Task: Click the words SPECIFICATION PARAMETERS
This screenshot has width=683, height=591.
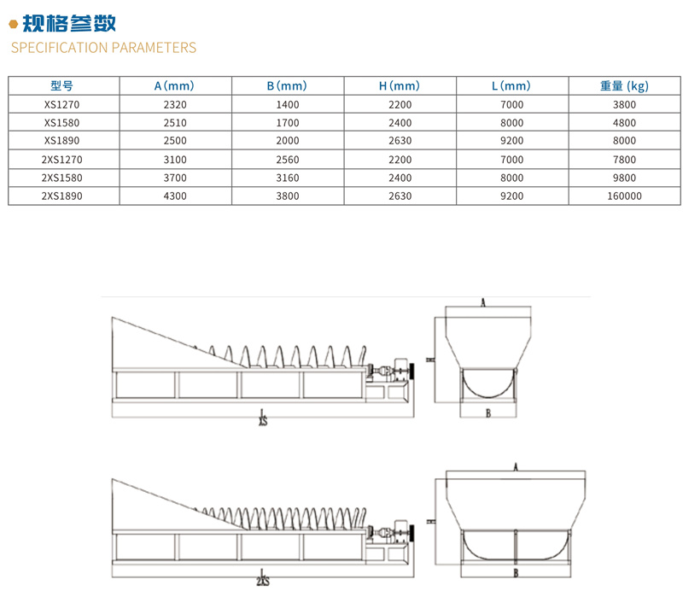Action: [103, 47]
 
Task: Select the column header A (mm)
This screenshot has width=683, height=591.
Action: [175, 85]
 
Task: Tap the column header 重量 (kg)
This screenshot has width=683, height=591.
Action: [624, 85]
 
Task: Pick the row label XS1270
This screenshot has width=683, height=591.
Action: [62, 104]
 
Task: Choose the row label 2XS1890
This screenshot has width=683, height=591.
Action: [62, 196]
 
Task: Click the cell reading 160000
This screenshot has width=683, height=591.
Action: [624, 196]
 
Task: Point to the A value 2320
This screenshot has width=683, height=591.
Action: [175, 104]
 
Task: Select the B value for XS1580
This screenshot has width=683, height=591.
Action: [288, 122]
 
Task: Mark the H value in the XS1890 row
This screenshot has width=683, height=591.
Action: [400, 141]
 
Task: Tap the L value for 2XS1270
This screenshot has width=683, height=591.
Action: [512, 159]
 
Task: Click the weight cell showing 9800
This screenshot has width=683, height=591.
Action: [624, 178]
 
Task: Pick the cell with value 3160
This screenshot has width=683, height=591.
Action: [288, 178]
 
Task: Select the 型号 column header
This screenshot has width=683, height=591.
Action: [62, 85]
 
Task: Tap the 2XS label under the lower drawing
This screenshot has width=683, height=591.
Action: [262, 582]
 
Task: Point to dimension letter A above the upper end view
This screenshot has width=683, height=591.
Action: [483, 302]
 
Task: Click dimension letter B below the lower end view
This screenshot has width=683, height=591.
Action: [516, 573]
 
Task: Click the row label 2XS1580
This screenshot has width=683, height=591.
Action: [62, 178]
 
